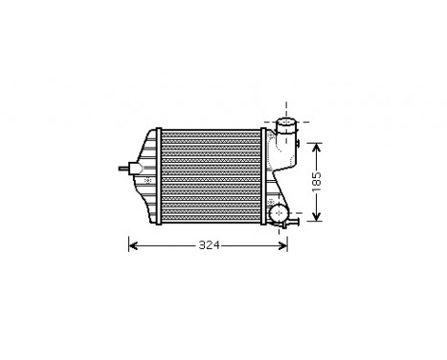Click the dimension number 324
[x=209, y=246]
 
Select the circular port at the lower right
[x=279, y=213]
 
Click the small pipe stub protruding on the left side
[x=123, y=169]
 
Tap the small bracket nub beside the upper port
[x=298, y=145]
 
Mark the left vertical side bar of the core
[x=160, y=179]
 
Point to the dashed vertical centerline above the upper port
[x=285, y=106]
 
